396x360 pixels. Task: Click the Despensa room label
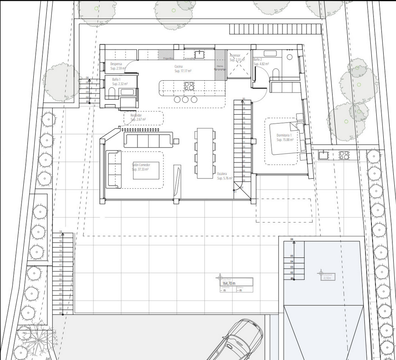(116, 64)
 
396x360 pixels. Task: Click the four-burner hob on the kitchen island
(189, 86)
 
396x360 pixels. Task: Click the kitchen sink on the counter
(199, 53)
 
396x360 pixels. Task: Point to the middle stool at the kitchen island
(185, 99)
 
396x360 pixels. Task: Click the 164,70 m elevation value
(229, 283)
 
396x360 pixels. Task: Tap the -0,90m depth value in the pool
(327, 278)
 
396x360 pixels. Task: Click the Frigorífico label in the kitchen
(169, 59)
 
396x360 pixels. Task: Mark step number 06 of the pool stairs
(292, 240)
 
